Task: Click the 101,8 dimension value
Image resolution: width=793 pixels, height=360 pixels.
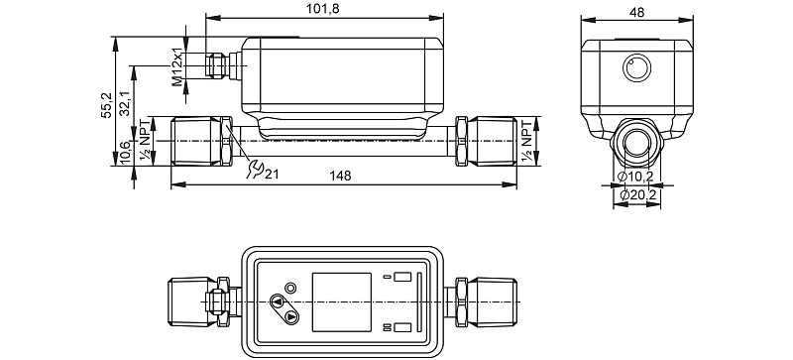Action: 323,10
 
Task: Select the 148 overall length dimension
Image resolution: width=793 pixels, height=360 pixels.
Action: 340,176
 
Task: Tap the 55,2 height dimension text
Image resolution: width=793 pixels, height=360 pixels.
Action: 106,105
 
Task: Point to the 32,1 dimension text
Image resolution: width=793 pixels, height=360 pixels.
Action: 126,104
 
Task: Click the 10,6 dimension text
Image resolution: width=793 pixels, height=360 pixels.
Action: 126,153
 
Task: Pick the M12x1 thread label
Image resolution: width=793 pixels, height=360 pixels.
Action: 177,66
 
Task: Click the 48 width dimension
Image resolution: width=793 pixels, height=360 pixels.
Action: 637,13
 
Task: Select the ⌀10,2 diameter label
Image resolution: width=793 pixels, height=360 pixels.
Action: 635,177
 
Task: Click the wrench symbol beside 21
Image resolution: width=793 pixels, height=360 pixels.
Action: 255,170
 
